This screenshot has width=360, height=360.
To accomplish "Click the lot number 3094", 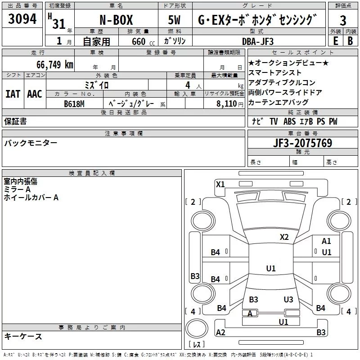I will tap(22, 20).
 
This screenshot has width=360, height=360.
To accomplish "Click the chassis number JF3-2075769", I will tap(303, 143).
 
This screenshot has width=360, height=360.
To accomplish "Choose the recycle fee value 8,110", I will tap(230, 103).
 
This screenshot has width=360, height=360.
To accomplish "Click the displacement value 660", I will tap(139, 41).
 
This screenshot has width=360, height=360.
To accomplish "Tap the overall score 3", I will tap(343, 21).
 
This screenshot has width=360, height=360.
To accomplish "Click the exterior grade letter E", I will tap(335, 40).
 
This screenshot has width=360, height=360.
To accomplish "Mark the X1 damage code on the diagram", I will tap(220, 184).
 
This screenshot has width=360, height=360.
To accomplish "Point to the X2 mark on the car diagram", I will tap(284, 237).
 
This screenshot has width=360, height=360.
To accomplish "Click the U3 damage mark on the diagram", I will tap(288, 299).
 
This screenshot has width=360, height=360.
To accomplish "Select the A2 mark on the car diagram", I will tap(220, 332).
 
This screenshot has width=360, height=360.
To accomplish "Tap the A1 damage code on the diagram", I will tap(326, 242).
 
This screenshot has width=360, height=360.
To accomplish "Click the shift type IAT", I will tap(13, 94).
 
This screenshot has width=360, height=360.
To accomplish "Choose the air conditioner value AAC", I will tap(34, 94).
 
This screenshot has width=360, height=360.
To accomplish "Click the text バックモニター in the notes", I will tap(31, 143).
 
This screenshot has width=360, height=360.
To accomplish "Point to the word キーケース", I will tap(23, 336).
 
